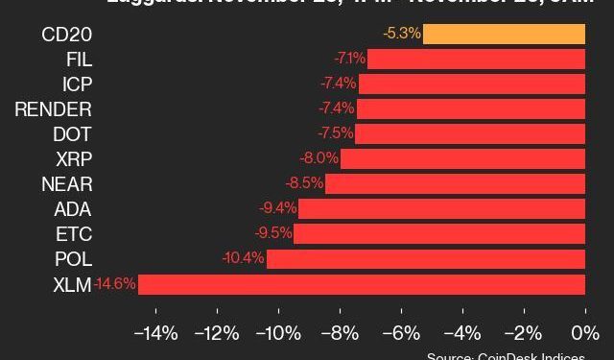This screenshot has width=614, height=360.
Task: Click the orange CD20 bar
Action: coord(504,34)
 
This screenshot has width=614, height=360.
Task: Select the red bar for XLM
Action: coord(362,284)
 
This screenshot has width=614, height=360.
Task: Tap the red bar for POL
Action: coord(426,259)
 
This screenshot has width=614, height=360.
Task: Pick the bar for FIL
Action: coord(477,59)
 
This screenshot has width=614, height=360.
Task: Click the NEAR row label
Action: coord(66,183)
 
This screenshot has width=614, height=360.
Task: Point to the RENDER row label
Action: coord(54,108)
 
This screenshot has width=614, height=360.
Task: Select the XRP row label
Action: coord(72,158)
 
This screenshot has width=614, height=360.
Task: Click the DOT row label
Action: coord(72,133)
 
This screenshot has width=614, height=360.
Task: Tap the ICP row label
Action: coord(76,84)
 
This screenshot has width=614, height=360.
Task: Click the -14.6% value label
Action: coord(114,284)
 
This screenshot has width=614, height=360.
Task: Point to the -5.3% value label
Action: coord(401,34)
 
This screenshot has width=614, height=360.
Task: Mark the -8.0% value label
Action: coord(319,158)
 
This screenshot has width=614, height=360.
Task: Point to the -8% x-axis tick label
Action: coord(341,334)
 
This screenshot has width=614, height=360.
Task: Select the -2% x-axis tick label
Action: coord(524,334)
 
